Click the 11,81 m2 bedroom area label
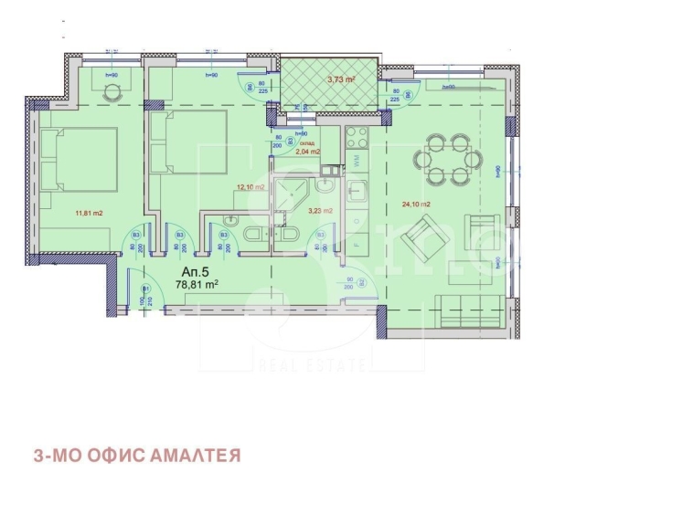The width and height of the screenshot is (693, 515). click(x=88, y=215)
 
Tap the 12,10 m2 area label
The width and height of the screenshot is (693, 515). click(x=251, y=187)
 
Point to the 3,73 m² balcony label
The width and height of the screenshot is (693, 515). click(x=341, y=79)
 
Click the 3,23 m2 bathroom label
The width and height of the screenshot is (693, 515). click(x=318, y=211)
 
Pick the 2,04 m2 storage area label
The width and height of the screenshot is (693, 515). click(x=307, y=152)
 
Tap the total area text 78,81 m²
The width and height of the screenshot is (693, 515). click(x=196, y=284)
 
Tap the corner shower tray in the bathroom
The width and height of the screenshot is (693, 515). click(x=292, y=189)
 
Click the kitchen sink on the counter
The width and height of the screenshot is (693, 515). click(x=358, y=192)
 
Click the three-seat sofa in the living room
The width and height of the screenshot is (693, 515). click(x=469, y=310)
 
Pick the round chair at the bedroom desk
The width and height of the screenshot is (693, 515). click(x=112, y=92)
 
